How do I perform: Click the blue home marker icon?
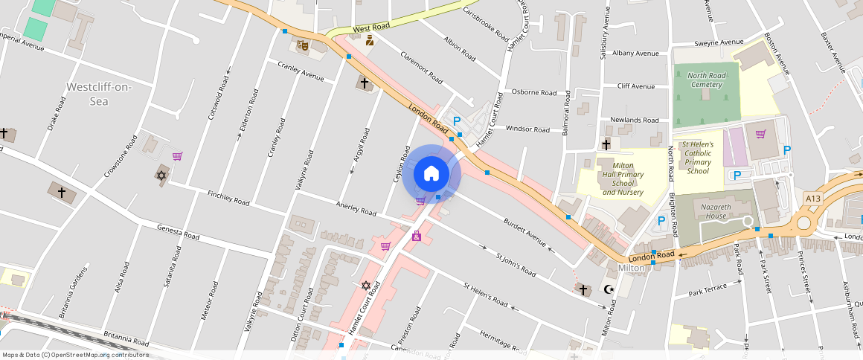[431, 174]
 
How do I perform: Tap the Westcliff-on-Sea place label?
[98, 94]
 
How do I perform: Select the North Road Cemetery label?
[706, 80]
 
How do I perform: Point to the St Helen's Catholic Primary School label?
[698, 157]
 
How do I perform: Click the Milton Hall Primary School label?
[623, 179]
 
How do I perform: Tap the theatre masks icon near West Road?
[302, 45]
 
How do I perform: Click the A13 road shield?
[812, 198]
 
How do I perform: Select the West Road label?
[371, 28]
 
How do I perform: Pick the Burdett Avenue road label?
[525, 232]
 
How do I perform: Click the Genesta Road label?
[178, 232]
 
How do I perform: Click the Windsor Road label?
[527, 129]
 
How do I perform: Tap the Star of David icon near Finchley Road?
[160, 176]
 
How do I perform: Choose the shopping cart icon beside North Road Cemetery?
[760, 134]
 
